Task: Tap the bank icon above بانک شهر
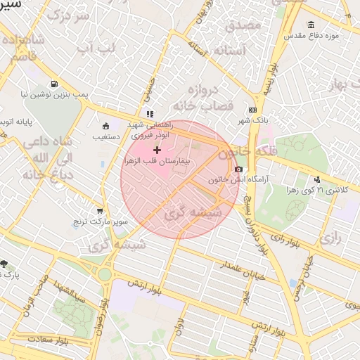[252, 110]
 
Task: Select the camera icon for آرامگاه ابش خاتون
[239, 169]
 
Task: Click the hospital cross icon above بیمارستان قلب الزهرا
[156, 150]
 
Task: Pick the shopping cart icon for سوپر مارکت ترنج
[101, 210]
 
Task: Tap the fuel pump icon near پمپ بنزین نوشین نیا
[55, 82]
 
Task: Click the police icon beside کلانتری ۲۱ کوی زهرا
[317, 179]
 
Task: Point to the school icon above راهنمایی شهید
[149, 113]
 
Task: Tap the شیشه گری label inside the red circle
[193, 212]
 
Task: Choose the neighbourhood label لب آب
[95, 49]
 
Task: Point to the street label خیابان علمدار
[243, 269]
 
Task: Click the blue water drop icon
[292, 283]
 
